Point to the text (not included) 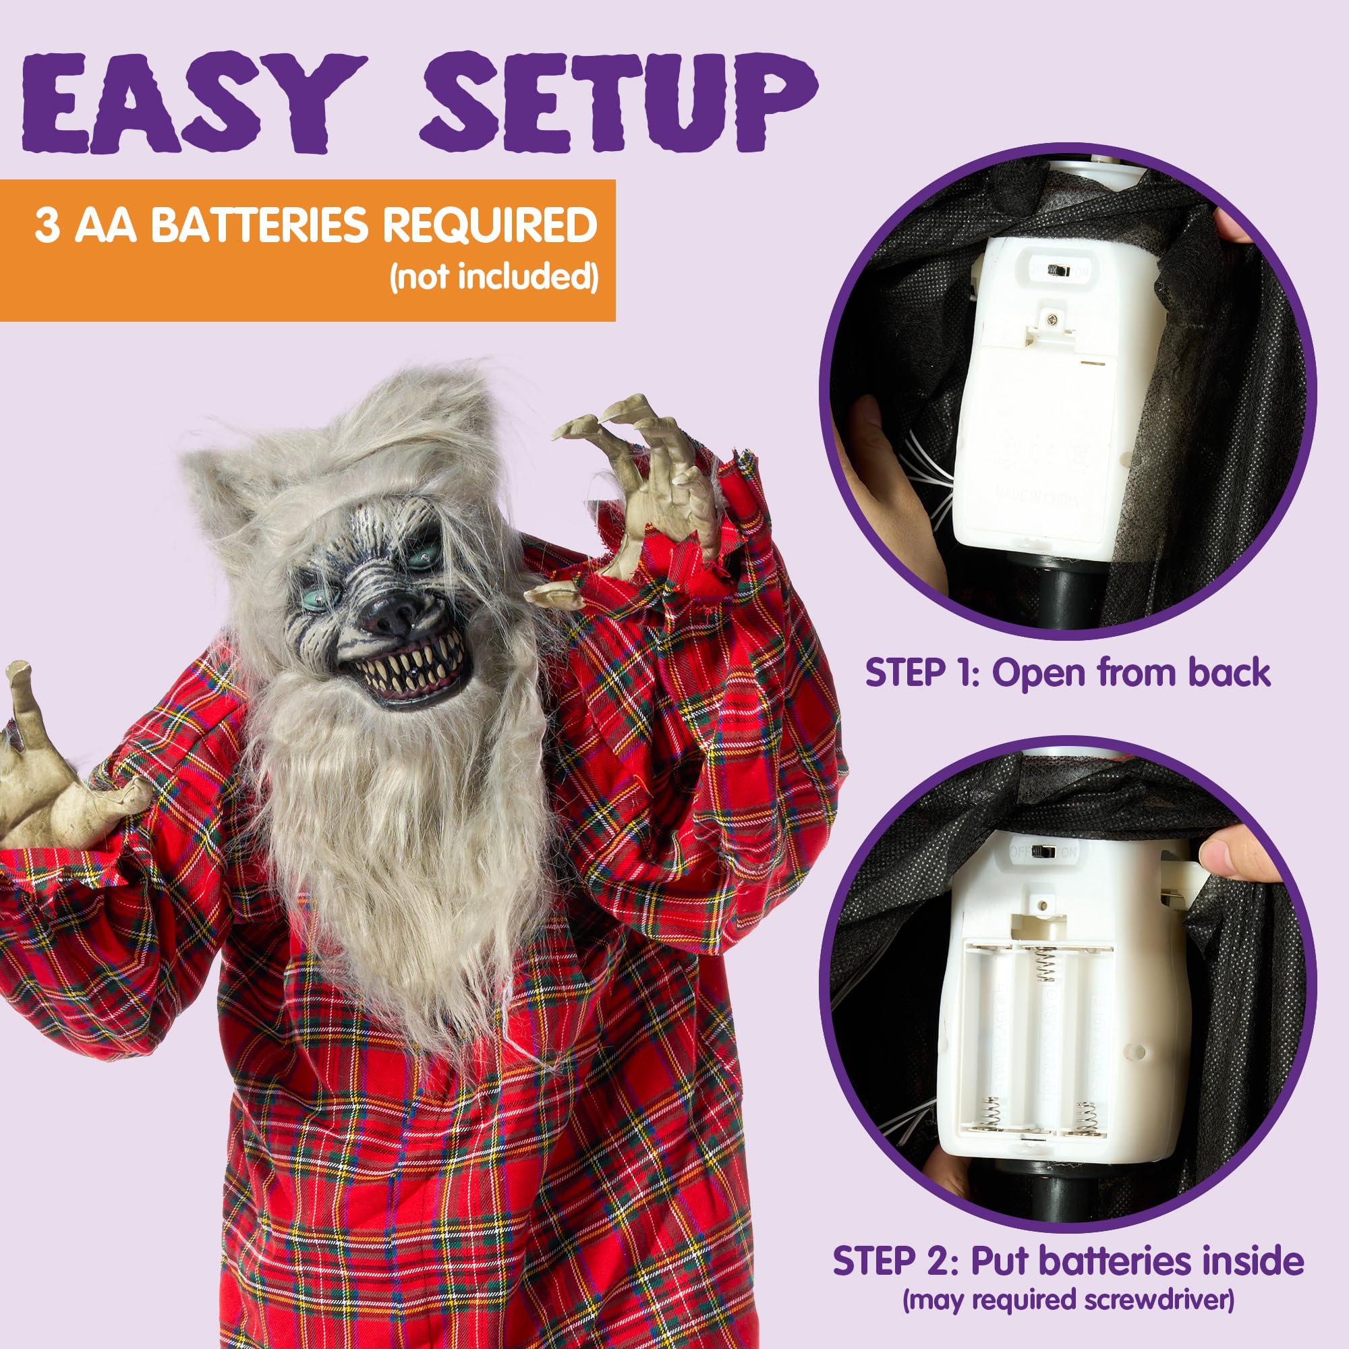(494, 277)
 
